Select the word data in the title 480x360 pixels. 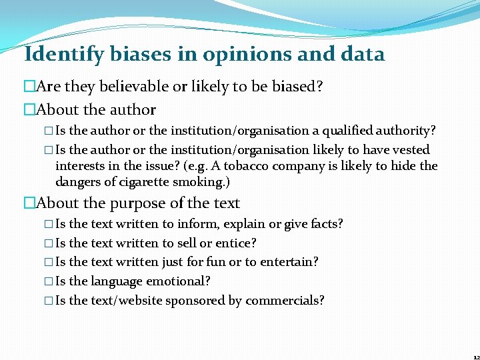362,54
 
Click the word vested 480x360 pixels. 409,150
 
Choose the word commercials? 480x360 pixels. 285,301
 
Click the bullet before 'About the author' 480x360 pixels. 28,110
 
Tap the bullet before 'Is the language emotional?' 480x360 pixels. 51,282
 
